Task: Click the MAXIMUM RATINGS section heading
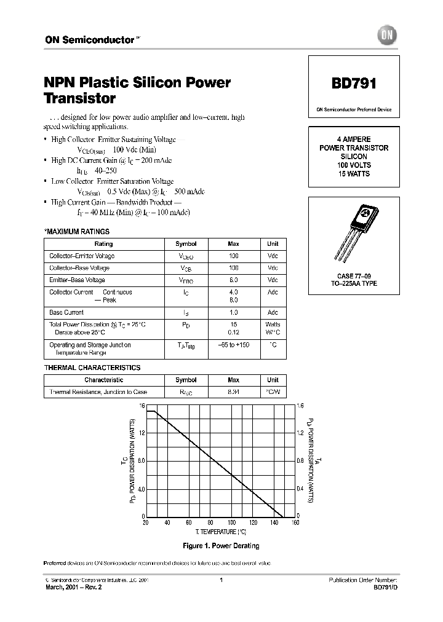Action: pyautogui.click(x=77, y=232)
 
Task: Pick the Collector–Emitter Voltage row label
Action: pyautogui.click(x=82, y=256)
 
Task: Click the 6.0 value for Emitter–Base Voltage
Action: pyautogui.click(x=233, y=280)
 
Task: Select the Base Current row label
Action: pyautogui.click(x=66, y=312)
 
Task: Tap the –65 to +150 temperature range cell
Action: pyautogui.click(x=233, y=345)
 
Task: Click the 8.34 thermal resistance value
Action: pyautogui.click(x=233, y=392)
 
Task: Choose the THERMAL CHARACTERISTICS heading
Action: pyautogui.click(x=92, y=368)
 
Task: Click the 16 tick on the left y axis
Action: pyautogui.click(x=141, y=406)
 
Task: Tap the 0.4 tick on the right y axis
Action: pyautogui.click(x=300, y=489)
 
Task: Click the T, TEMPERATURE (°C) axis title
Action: pyautogui.click(x=221, y=530)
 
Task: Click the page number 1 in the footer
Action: pyautogui.click(x=221, y=580)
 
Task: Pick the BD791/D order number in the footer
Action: pyautogui.click(x=386, y=587)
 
